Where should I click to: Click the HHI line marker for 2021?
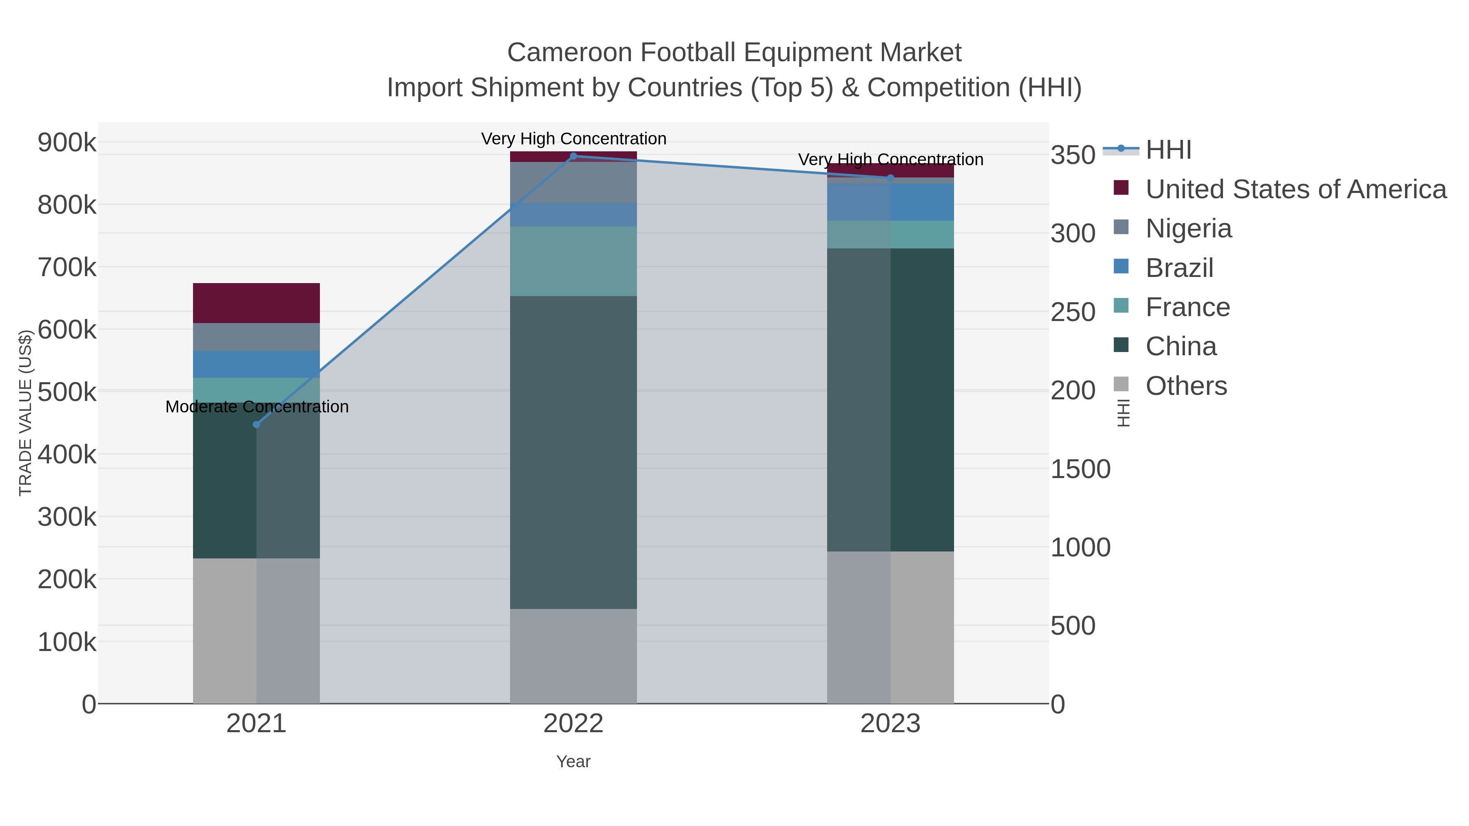coord(256,425)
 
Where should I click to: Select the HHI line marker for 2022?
coord(574,156)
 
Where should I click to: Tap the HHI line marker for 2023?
coord(891,178)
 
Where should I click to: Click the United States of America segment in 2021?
coord(256,303)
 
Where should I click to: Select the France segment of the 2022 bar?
coord(574,261)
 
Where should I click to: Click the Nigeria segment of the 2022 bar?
coord(574,182)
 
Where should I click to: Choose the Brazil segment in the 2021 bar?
coord(256,364)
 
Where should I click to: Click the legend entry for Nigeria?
coord(1188,228)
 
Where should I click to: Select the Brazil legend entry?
coord(1179,268)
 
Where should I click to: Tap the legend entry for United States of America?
coord(1296,189)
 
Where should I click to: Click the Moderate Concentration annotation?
coord(257,407)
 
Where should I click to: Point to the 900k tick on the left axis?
coord(67,142)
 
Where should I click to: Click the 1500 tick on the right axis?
coord(1080,469)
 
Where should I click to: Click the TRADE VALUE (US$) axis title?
coord(26,413)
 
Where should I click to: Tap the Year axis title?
coord(573,762)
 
